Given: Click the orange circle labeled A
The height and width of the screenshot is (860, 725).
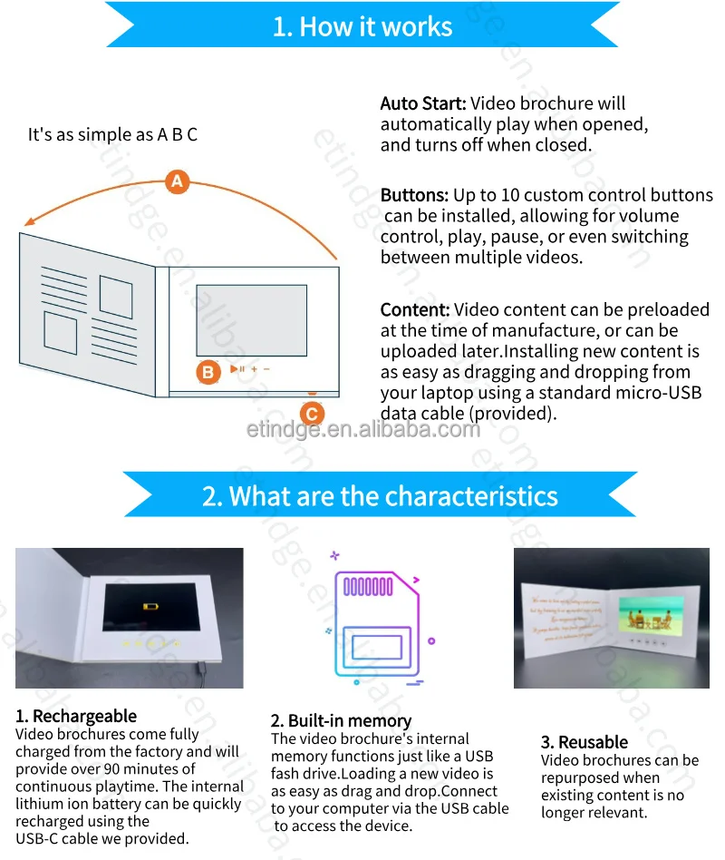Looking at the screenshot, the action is [x=178, y=181].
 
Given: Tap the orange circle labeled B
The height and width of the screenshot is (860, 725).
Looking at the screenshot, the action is [x=208, y=371].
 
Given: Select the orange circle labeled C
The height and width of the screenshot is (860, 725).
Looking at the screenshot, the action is [x=311, y=414].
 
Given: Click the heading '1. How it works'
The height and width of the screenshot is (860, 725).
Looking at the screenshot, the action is [x=362, y=26].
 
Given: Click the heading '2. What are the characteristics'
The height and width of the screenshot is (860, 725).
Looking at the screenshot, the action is [x=380, y=496].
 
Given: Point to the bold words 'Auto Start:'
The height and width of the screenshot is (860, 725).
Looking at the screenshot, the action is [x=422, y=104].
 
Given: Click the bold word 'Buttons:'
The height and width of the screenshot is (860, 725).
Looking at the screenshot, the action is [x=414, y=196].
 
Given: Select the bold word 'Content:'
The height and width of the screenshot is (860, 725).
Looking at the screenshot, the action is [x=415, y=310].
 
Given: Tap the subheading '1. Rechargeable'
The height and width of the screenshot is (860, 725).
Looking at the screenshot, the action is [x=76, y=717].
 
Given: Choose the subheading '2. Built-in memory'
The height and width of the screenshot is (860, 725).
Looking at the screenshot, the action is [x=341, y=721].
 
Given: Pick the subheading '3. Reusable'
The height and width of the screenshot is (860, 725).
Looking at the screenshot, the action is [x=585, y=743].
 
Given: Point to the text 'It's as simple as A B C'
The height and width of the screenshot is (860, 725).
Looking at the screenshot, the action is [x=113, y=135].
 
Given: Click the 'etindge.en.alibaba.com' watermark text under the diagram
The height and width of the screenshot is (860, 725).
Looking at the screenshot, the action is [x=362, y=429].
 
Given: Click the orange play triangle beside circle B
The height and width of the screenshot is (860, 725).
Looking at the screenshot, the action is [x=234, y=369].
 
